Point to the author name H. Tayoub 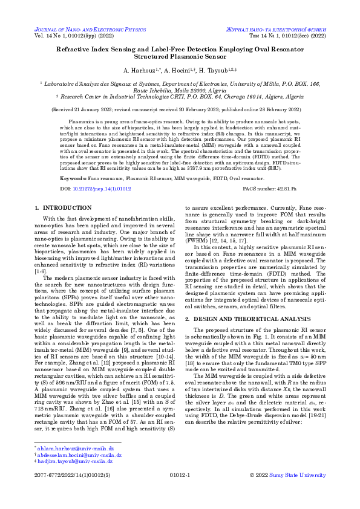pyautogui.click(x=222, y=71)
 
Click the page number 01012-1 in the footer pyautogui.click(x=180, y=476)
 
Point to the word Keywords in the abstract pyautogui.click(x=73, y=180)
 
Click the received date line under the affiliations pyautogui.click(x=180, y=111)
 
